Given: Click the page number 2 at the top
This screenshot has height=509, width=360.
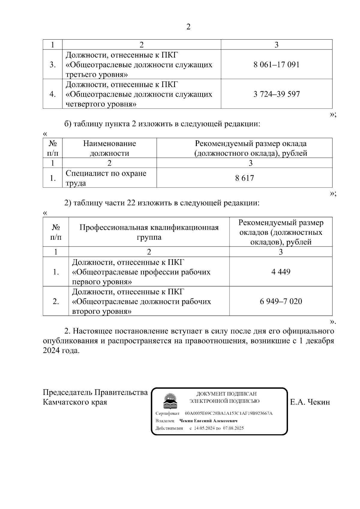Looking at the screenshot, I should [188, 27].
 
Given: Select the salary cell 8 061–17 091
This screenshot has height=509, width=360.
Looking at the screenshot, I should [276, 64].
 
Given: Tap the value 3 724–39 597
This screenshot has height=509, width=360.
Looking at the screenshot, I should [276, 94].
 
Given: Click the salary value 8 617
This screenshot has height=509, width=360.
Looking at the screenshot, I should [244, 178].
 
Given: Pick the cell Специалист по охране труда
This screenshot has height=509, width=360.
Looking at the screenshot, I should [106, 178].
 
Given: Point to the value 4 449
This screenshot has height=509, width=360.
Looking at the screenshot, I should [281, 272].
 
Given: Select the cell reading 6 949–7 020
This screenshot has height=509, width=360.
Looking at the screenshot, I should [281, 301].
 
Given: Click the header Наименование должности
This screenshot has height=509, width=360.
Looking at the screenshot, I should [109, 148].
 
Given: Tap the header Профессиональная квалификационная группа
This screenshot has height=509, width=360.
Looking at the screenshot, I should [149, 232].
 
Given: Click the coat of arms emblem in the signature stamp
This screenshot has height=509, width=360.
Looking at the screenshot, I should [170, 401].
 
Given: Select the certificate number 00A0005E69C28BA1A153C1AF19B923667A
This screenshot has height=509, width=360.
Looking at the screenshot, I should [229, 413].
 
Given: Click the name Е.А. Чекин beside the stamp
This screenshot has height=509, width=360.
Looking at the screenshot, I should [310, 402].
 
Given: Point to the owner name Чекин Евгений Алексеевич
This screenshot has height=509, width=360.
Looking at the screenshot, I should [208, 421].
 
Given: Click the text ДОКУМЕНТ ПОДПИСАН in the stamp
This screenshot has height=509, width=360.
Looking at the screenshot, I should [226, 394].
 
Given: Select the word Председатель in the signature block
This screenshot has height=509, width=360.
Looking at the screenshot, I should [67, 392].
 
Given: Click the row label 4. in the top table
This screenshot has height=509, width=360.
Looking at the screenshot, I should [52, 94].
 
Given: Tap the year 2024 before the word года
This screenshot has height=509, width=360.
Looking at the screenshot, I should [51, 350].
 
